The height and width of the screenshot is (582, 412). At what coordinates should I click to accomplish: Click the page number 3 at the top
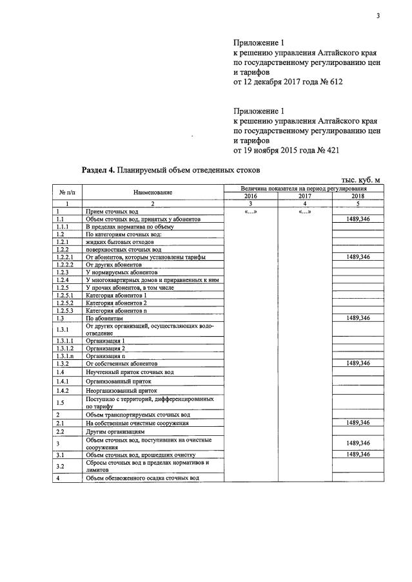(379, 17)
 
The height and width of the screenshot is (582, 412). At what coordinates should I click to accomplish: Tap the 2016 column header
(250, 196)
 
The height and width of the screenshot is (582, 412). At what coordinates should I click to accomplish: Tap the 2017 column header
(304, 196)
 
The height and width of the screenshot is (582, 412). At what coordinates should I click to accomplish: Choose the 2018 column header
(358, 196)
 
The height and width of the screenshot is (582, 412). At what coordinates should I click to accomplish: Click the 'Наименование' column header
(153, 192)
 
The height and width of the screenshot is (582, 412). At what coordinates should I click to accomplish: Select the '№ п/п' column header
(68, 192)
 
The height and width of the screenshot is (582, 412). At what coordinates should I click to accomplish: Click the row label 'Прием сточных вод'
(112, 212)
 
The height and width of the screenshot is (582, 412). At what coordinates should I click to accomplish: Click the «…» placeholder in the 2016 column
(250, 212)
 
